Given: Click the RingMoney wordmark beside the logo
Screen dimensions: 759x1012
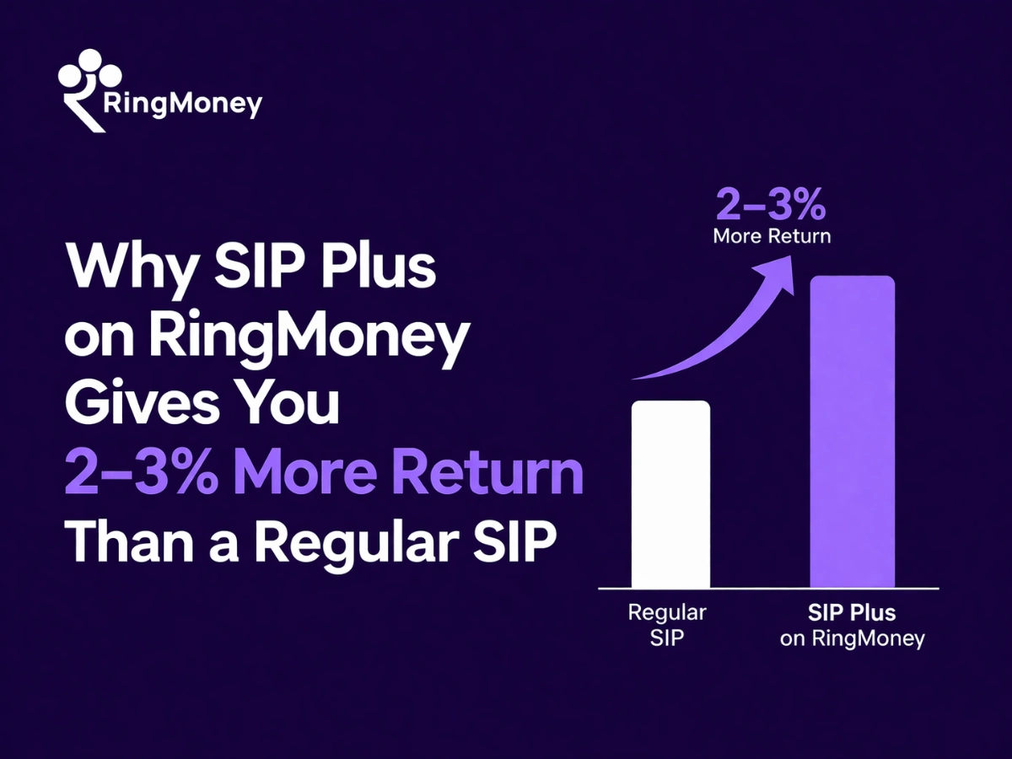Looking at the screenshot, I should (181, 105).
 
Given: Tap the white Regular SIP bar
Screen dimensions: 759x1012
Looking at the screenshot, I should (670, 493).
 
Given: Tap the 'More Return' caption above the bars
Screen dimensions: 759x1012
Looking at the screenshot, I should (772, 236).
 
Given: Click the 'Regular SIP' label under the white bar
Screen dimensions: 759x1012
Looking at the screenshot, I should (666, 625).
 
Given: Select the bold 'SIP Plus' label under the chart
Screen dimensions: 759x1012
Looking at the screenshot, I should (852, 612).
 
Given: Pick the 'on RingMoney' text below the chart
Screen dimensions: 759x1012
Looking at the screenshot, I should (852, 639).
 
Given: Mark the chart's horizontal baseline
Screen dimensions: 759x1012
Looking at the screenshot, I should (767, 588).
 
